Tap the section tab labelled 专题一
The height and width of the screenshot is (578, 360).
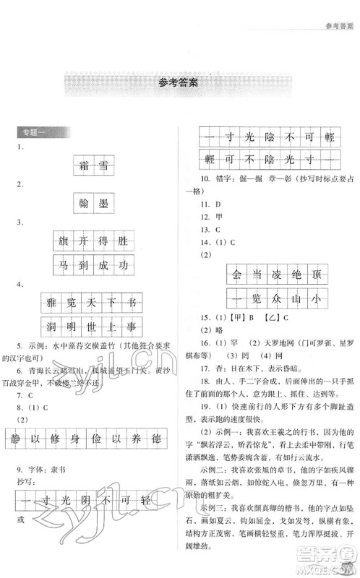point(30,133)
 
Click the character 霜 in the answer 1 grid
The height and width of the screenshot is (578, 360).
point(83,165)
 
